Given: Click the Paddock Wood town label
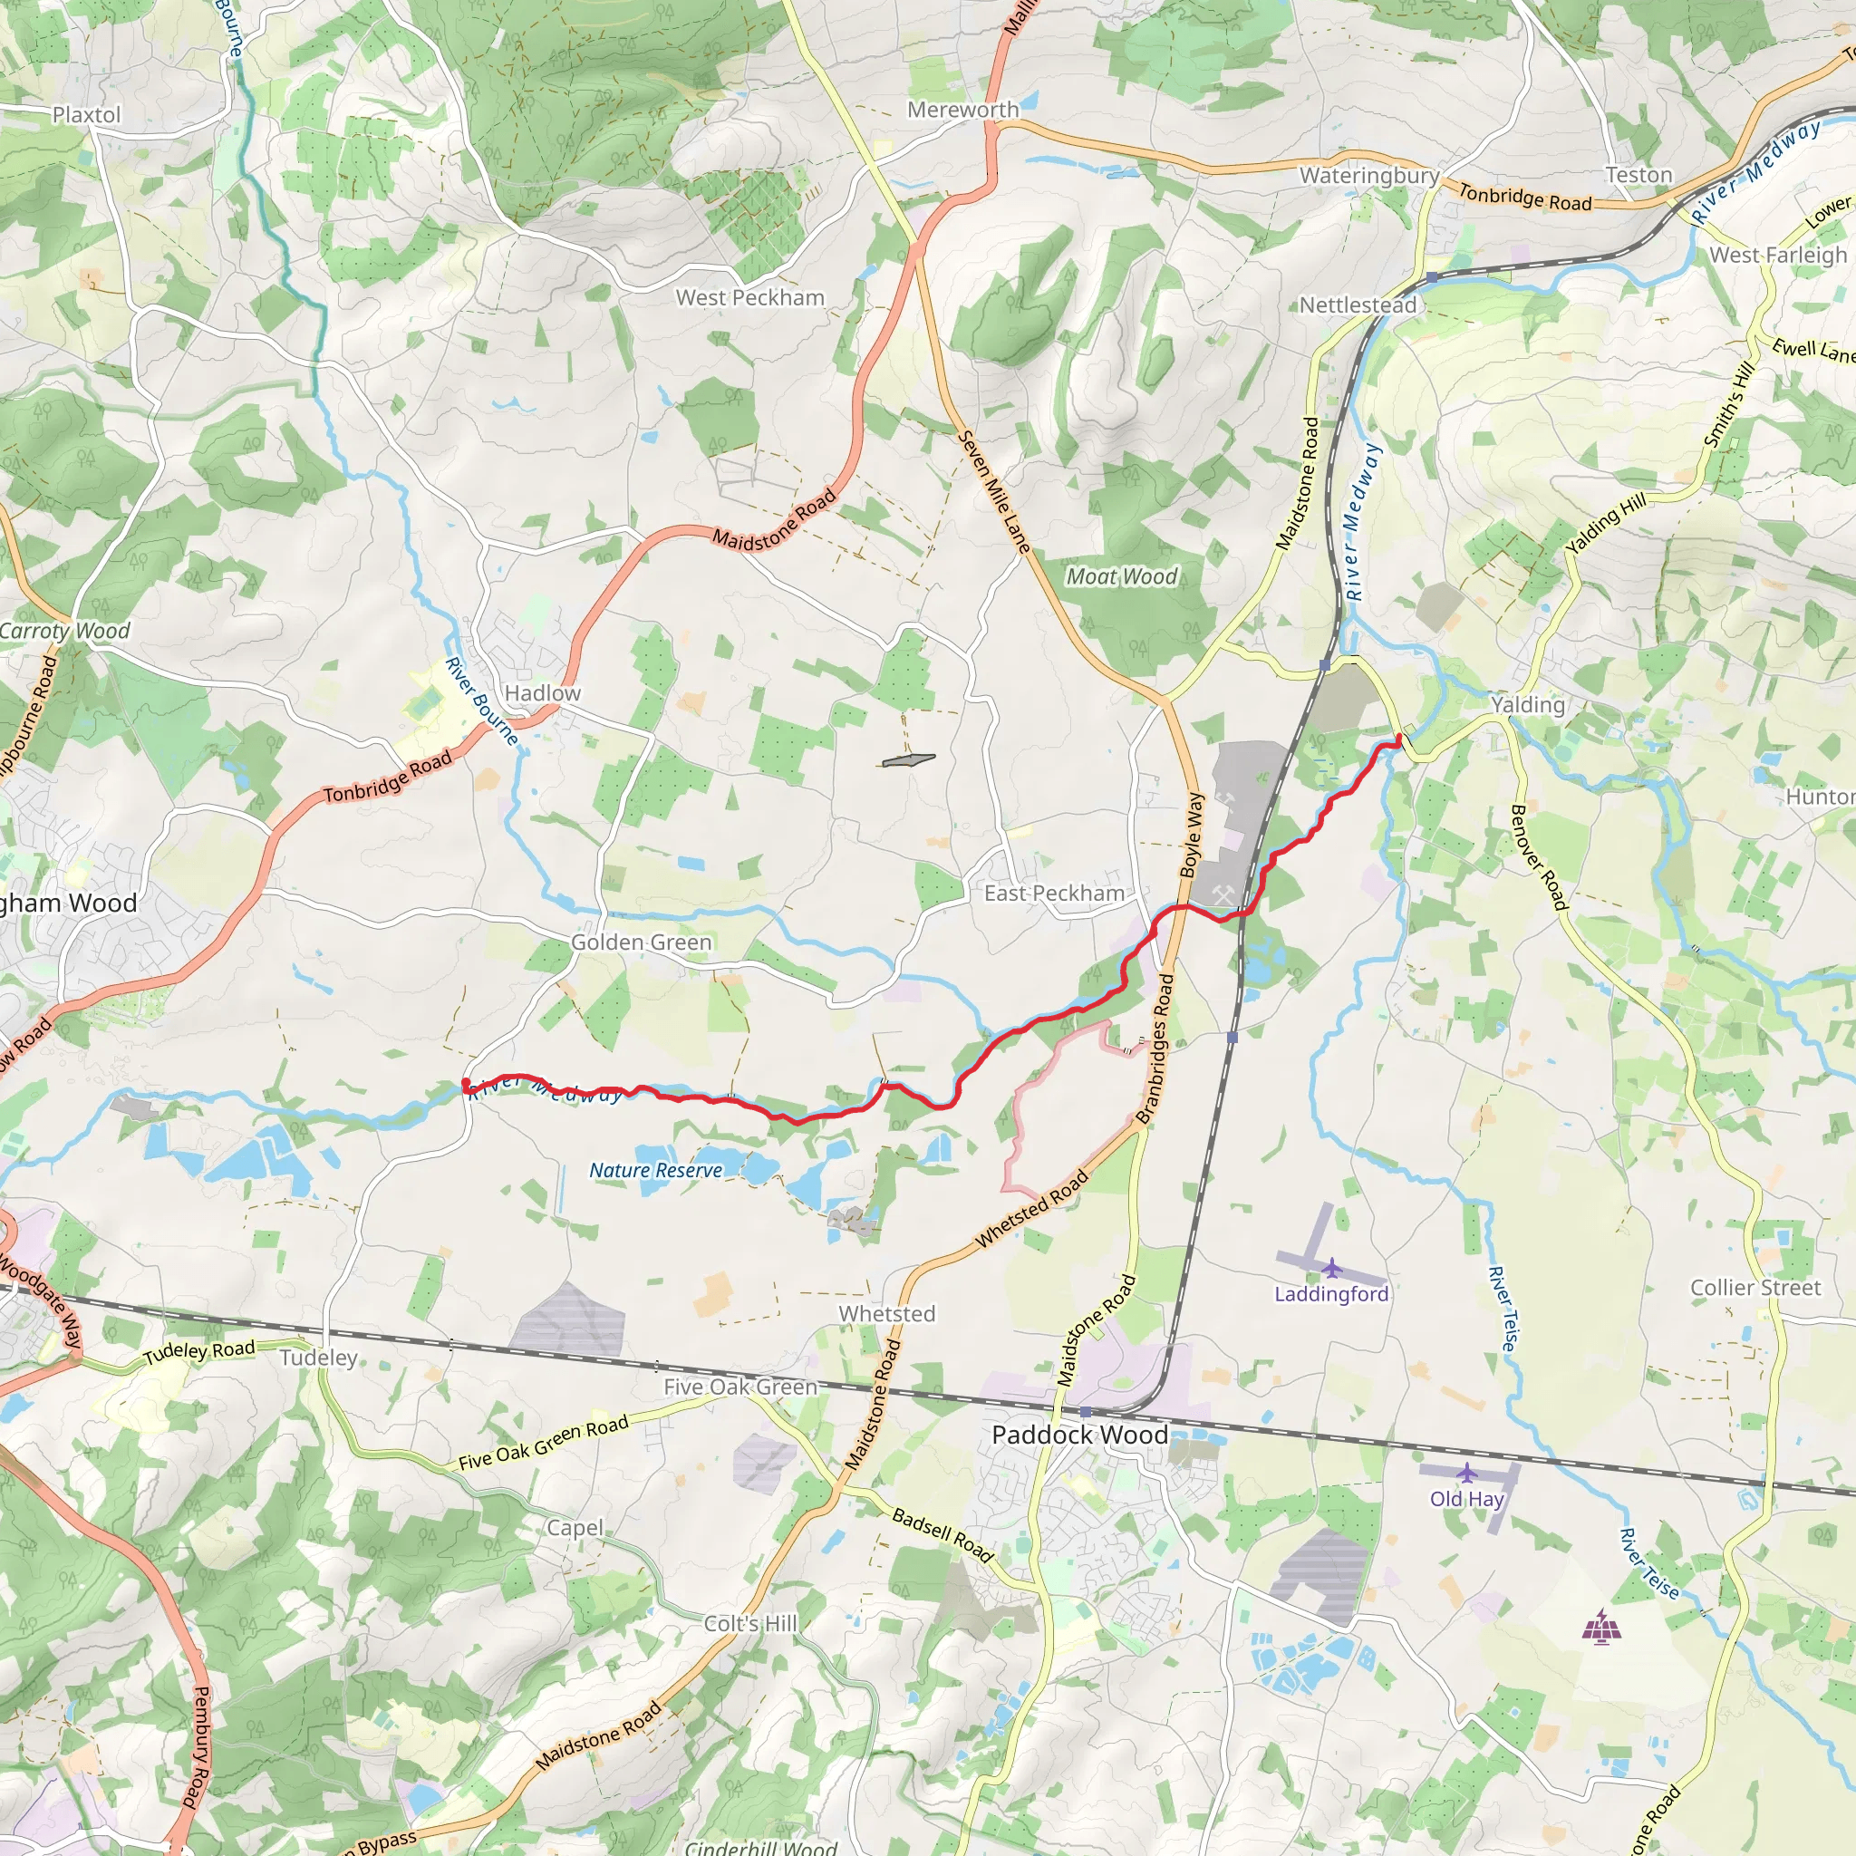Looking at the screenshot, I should tap(1078, 1435).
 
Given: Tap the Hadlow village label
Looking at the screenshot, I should tap(542, 693).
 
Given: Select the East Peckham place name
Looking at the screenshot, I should tap(1054, 894).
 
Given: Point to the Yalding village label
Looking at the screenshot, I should tap(1527, 705).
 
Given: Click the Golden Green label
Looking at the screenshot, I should tap(641, 942).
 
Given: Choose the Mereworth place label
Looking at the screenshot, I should tap(962, 111).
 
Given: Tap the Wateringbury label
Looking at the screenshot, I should tap(1369, 176).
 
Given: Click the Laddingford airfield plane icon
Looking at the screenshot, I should tap(1331, 1268).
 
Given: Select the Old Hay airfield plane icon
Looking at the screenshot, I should tap(1466, 1473).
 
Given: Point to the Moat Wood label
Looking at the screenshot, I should tap(1121, 576).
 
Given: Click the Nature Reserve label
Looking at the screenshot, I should tap(655, 1170).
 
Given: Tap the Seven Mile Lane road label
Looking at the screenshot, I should tap(994, 492).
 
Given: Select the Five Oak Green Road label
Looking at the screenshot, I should tap(543, 1443).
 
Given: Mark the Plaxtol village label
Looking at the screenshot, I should tap(86, 115).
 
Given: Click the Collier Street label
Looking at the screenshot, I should tap(1755, 1289).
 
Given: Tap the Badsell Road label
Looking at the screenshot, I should tap(942, 1534).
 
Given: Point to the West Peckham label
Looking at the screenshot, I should tap(749, 298).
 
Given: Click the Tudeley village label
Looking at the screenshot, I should tap(318, 1358).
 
